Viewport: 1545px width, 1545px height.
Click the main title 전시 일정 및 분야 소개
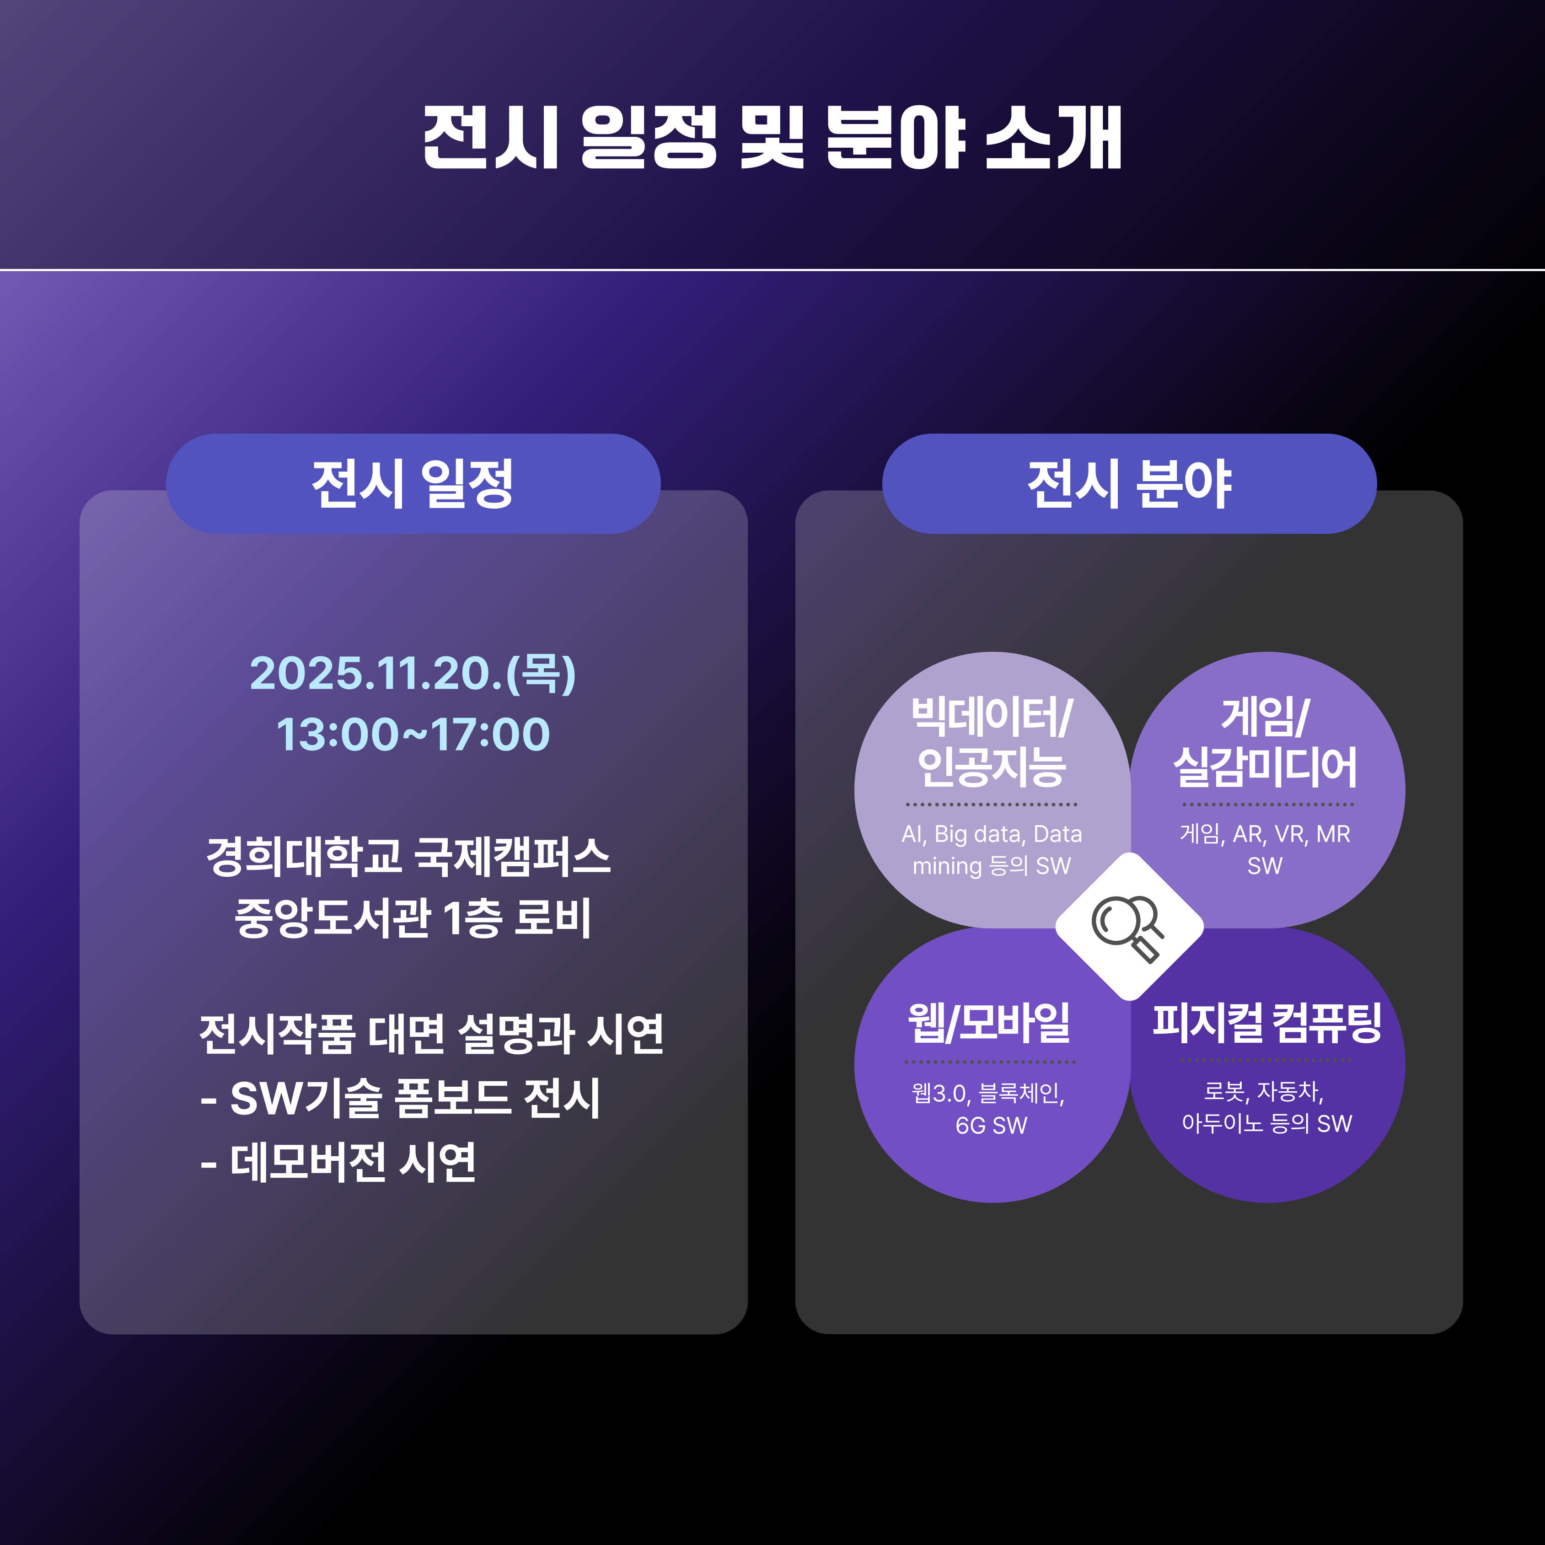tap(772, 138)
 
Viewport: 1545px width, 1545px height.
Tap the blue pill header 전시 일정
tap(413, 484)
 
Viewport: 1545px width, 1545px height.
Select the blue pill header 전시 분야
tap(1129, 484)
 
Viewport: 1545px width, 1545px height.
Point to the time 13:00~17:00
tap(413, 734)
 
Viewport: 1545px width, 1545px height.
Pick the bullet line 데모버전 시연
tap(339, 1162)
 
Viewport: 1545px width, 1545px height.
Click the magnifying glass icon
tap(1128, 928)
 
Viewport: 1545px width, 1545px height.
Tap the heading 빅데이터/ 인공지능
tap(992, 741)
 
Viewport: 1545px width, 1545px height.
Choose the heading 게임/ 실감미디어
tap(1265, 741)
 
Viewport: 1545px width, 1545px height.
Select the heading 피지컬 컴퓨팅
tap(1267, 1023)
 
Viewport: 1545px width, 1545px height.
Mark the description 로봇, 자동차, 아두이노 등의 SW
tap(1267, 1108)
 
